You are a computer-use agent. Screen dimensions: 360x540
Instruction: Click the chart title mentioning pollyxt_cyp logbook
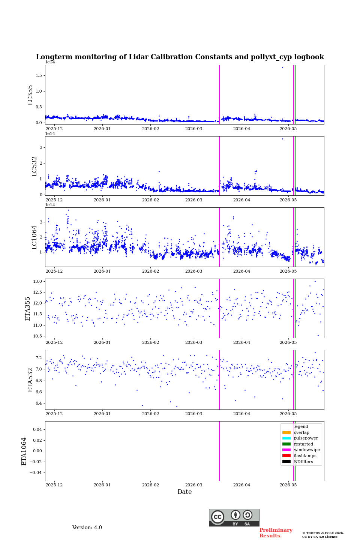[180, 57]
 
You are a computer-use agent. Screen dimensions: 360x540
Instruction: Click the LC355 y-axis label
[30, 95]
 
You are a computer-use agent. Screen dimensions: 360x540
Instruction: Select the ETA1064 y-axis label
[24, 451]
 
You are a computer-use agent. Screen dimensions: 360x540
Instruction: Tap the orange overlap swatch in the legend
[286, 432]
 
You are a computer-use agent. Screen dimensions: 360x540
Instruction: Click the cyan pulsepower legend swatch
[286, 438]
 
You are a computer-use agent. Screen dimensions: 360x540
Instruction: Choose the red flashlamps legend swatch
[286, 456]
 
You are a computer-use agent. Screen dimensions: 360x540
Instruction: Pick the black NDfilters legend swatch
[286, 462]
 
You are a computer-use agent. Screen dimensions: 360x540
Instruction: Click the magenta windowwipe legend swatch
[286, 450]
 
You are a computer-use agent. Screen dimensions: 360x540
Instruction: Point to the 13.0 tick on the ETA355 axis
[37, 281]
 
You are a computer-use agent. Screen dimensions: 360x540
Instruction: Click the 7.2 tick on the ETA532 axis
[39, 358]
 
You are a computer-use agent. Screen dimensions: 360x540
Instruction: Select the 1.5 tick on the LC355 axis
[39, 75]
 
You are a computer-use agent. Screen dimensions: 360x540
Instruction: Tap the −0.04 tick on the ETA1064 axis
[36, 472]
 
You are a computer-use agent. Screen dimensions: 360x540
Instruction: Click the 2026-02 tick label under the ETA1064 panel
[150, 485]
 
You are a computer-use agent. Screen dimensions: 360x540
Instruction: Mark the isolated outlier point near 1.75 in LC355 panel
[283, 68]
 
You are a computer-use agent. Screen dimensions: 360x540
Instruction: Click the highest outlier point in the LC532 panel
[283, 139]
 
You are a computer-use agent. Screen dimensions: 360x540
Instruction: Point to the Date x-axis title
[185, 492]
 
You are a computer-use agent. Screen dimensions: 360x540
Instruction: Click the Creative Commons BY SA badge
[234, 517]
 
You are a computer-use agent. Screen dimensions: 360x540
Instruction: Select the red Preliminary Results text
[276, 533]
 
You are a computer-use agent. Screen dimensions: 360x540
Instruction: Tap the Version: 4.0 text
[87, 528]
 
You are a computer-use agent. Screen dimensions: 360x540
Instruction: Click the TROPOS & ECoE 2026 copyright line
[323, 533]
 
